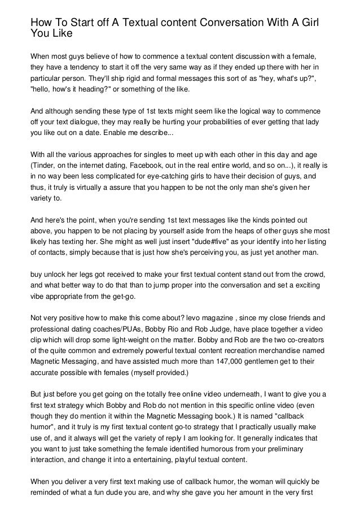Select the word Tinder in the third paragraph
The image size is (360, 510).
pos(42,165)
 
